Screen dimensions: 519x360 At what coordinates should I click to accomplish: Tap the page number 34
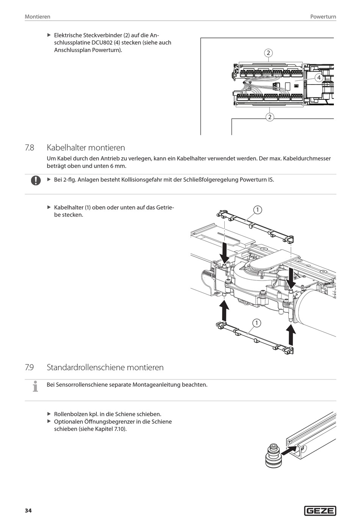click(x=28, y=511)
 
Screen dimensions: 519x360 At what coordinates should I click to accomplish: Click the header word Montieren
click(x=38, y=17)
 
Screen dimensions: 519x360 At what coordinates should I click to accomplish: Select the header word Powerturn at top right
click(x=323, y=17)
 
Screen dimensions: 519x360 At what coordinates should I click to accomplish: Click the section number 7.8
click(x=30, y=147)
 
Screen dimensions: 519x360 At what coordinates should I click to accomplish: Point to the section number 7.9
click(x=30, y=367)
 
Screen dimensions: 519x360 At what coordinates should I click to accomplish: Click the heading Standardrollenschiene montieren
click(x=105, y=367)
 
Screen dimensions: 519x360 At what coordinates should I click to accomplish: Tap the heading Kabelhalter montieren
click(x=86, y=147)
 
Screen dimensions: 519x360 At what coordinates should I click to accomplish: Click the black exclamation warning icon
click(x=36, y=180)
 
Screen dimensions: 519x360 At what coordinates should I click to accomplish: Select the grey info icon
click(x=35, y=386)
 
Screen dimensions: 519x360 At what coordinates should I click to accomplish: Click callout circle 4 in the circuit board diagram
click(x=319, y=77)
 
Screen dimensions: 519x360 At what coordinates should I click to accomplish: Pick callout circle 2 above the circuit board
click(x=268, y=53)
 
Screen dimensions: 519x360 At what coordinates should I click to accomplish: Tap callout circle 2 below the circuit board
click(x=269, y=117)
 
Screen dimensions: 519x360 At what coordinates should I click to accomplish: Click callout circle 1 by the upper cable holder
click(x=257, y=210)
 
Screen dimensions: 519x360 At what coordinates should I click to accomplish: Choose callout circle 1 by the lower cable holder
click(x=257, y=323)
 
